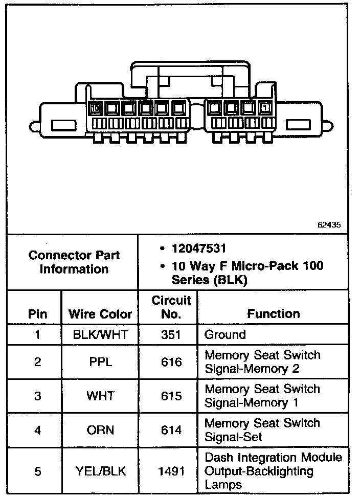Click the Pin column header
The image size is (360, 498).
(x=37, y=314)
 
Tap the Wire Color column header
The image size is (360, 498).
(x=100, y=314)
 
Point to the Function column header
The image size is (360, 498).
(x=274, y=313)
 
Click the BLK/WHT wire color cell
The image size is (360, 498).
(x=100, y=335)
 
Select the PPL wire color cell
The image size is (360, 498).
(x=100, y=362)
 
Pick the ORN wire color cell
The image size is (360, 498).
(x=100, y=430)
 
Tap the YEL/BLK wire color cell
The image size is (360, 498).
(x=100, y=471)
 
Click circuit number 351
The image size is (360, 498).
(x=170, y=335)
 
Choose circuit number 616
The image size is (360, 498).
(x=170, y=362)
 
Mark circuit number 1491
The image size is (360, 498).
(x=170, y=471)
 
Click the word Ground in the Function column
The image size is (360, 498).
(x=225, y=335)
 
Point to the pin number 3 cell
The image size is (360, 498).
(x=37, y=396)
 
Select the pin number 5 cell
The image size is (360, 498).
(x=37, y=471)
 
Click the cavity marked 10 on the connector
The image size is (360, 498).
(x=95, y=108)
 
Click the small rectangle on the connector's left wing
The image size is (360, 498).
(x=63, y=125)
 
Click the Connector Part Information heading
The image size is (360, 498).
(x=74, y=262)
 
